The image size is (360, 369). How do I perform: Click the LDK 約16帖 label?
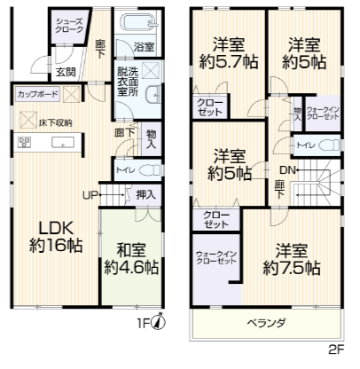(54, 236)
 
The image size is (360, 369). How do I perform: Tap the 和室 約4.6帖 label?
(131, 256)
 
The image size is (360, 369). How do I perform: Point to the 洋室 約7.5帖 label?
(291, 259)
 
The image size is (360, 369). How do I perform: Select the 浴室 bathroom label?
(144, 47)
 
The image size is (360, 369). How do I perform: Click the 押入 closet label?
(145, 194)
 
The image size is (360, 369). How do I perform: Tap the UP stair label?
(90, 194)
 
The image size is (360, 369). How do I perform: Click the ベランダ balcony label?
(265, 324)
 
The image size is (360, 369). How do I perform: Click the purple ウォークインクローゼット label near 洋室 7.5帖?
(215, 259)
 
